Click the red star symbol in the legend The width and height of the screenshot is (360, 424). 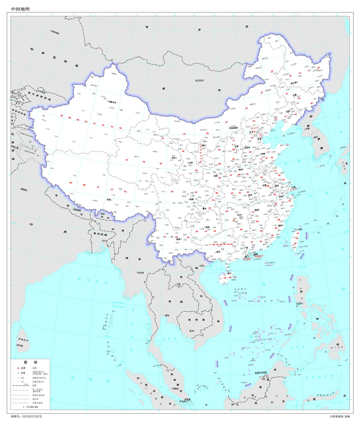point(17,369)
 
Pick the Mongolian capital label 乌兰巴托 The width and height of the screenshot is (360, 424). point(200,81)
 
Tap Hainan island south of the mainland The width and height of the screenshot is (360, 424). point(224,279)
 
